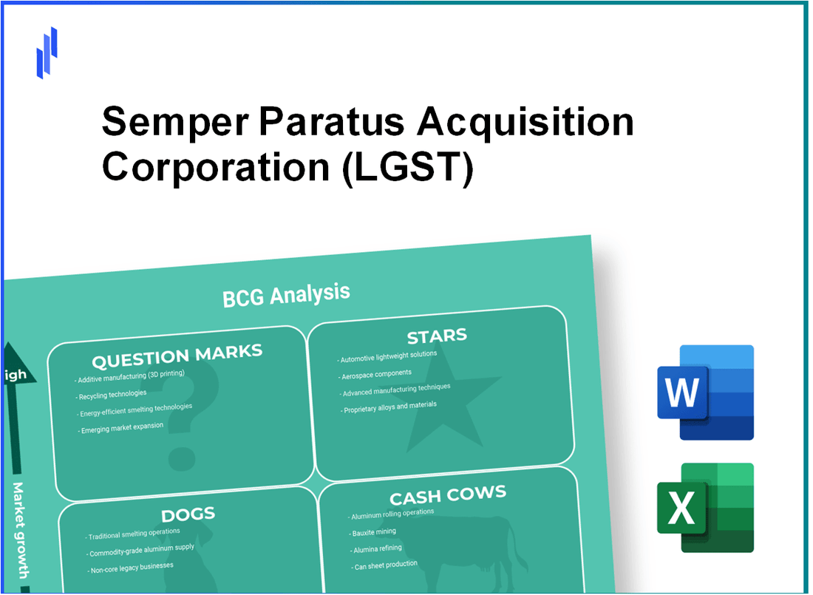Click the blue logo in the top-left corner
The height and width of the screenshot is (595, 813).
click(47, 53)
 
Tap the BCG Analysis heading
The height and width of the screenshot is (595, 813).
click(286, 294)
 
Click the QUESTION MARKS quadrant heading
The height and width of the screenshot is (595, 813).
click(177, 358)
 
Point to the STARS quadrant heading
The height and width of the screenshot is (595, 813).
click(437, 336)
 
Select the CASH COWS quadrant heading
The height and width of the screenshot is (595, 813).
click(449, 495)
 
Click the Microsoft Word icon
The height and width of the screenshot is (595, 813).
click(704, 392)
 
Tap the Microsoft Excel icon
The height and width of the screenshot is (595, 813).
click(704, 508)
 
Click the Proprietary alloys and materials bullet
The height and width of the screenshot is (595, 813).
click(390, 407)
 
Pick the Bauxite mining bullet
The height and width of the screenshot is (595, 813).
click(373, 532)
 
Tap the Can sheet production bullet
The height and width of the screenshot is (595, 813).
click(384, 565)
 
